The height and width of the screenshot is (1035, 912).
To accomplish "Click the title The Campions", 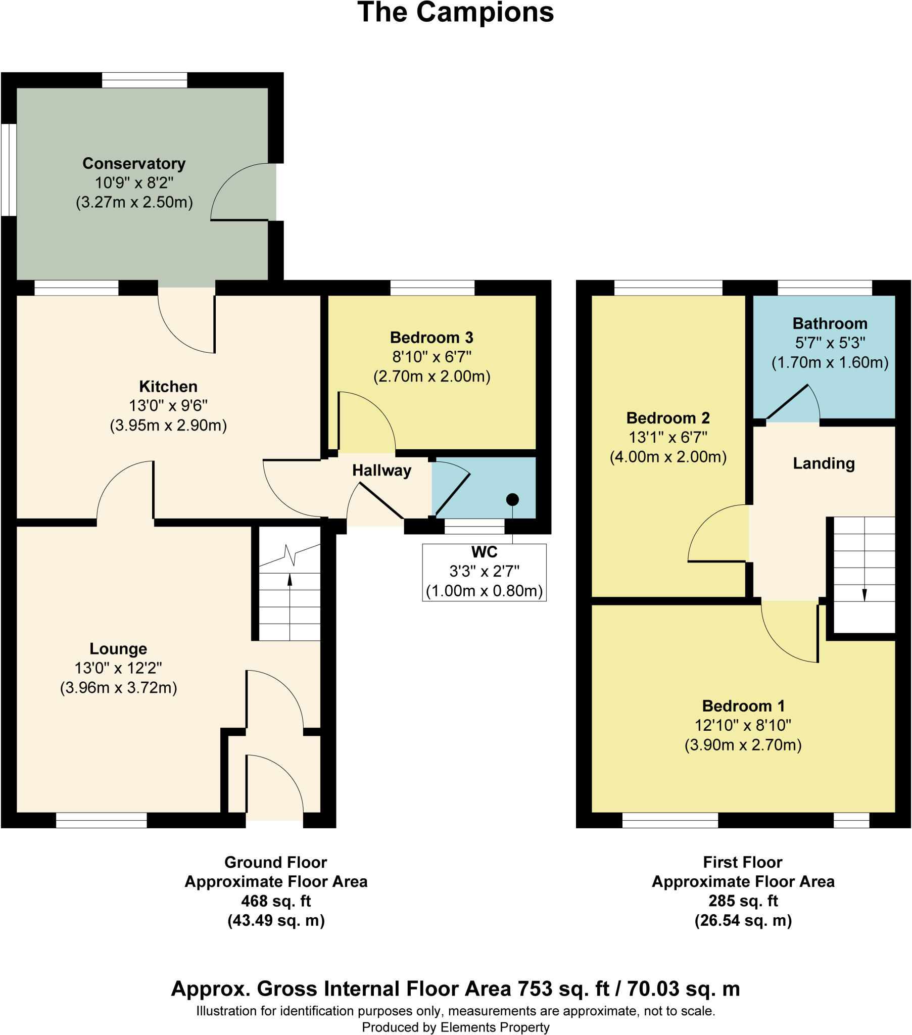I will tap(455, 13).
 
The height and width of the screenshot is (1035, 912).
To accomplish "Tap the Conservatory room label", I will tap(134, 164).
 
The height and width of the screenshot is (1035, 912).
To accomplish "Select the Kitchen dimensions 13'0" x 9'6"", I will tap(168, 406).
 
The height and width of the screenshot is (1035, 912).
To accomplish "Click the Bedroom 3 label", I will tap(431, 337).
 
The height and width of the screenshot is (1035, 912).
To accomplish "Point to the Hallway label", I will tap(381, 471).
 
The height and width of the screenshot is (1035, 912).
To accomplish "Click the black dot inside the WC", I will tap(512, 500).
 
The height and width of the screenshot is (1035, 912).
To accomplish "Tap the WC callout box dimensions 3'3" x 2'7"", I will tap(484, 571).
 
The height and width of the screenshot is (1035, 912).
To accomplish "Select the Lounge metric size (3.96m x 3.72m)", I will tap(119, 688).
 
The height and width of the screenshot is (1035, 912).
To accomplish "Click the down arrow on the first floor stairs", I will tap(865, 594).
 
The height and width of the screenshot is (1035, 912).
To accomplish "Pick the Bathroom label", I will tap(830, 323).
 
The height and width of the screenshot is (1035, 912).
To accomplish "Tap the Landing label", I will tap(824, 463).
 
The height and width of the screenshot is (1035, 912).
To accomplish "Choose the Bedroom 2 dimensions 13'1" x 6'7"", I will tap(668, 437).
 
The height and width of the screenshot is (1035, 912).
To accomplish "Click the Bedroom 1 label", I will tap(743, 706).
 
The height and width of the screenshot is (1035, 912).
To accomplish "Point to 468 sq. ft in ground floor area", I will tap(276, 901).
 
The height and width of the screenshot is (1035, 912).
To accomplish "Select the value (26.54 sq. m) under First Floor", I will tap(743, 920).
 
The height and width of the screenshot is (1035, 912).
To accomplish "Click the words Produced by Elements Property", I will tap(455, 1027).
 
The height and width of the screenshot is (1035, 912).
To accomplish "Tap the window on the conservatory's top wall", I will tap(145, 80).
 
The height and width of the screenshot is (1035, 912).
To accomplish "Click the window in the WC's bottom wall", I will tap(474, 527).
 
